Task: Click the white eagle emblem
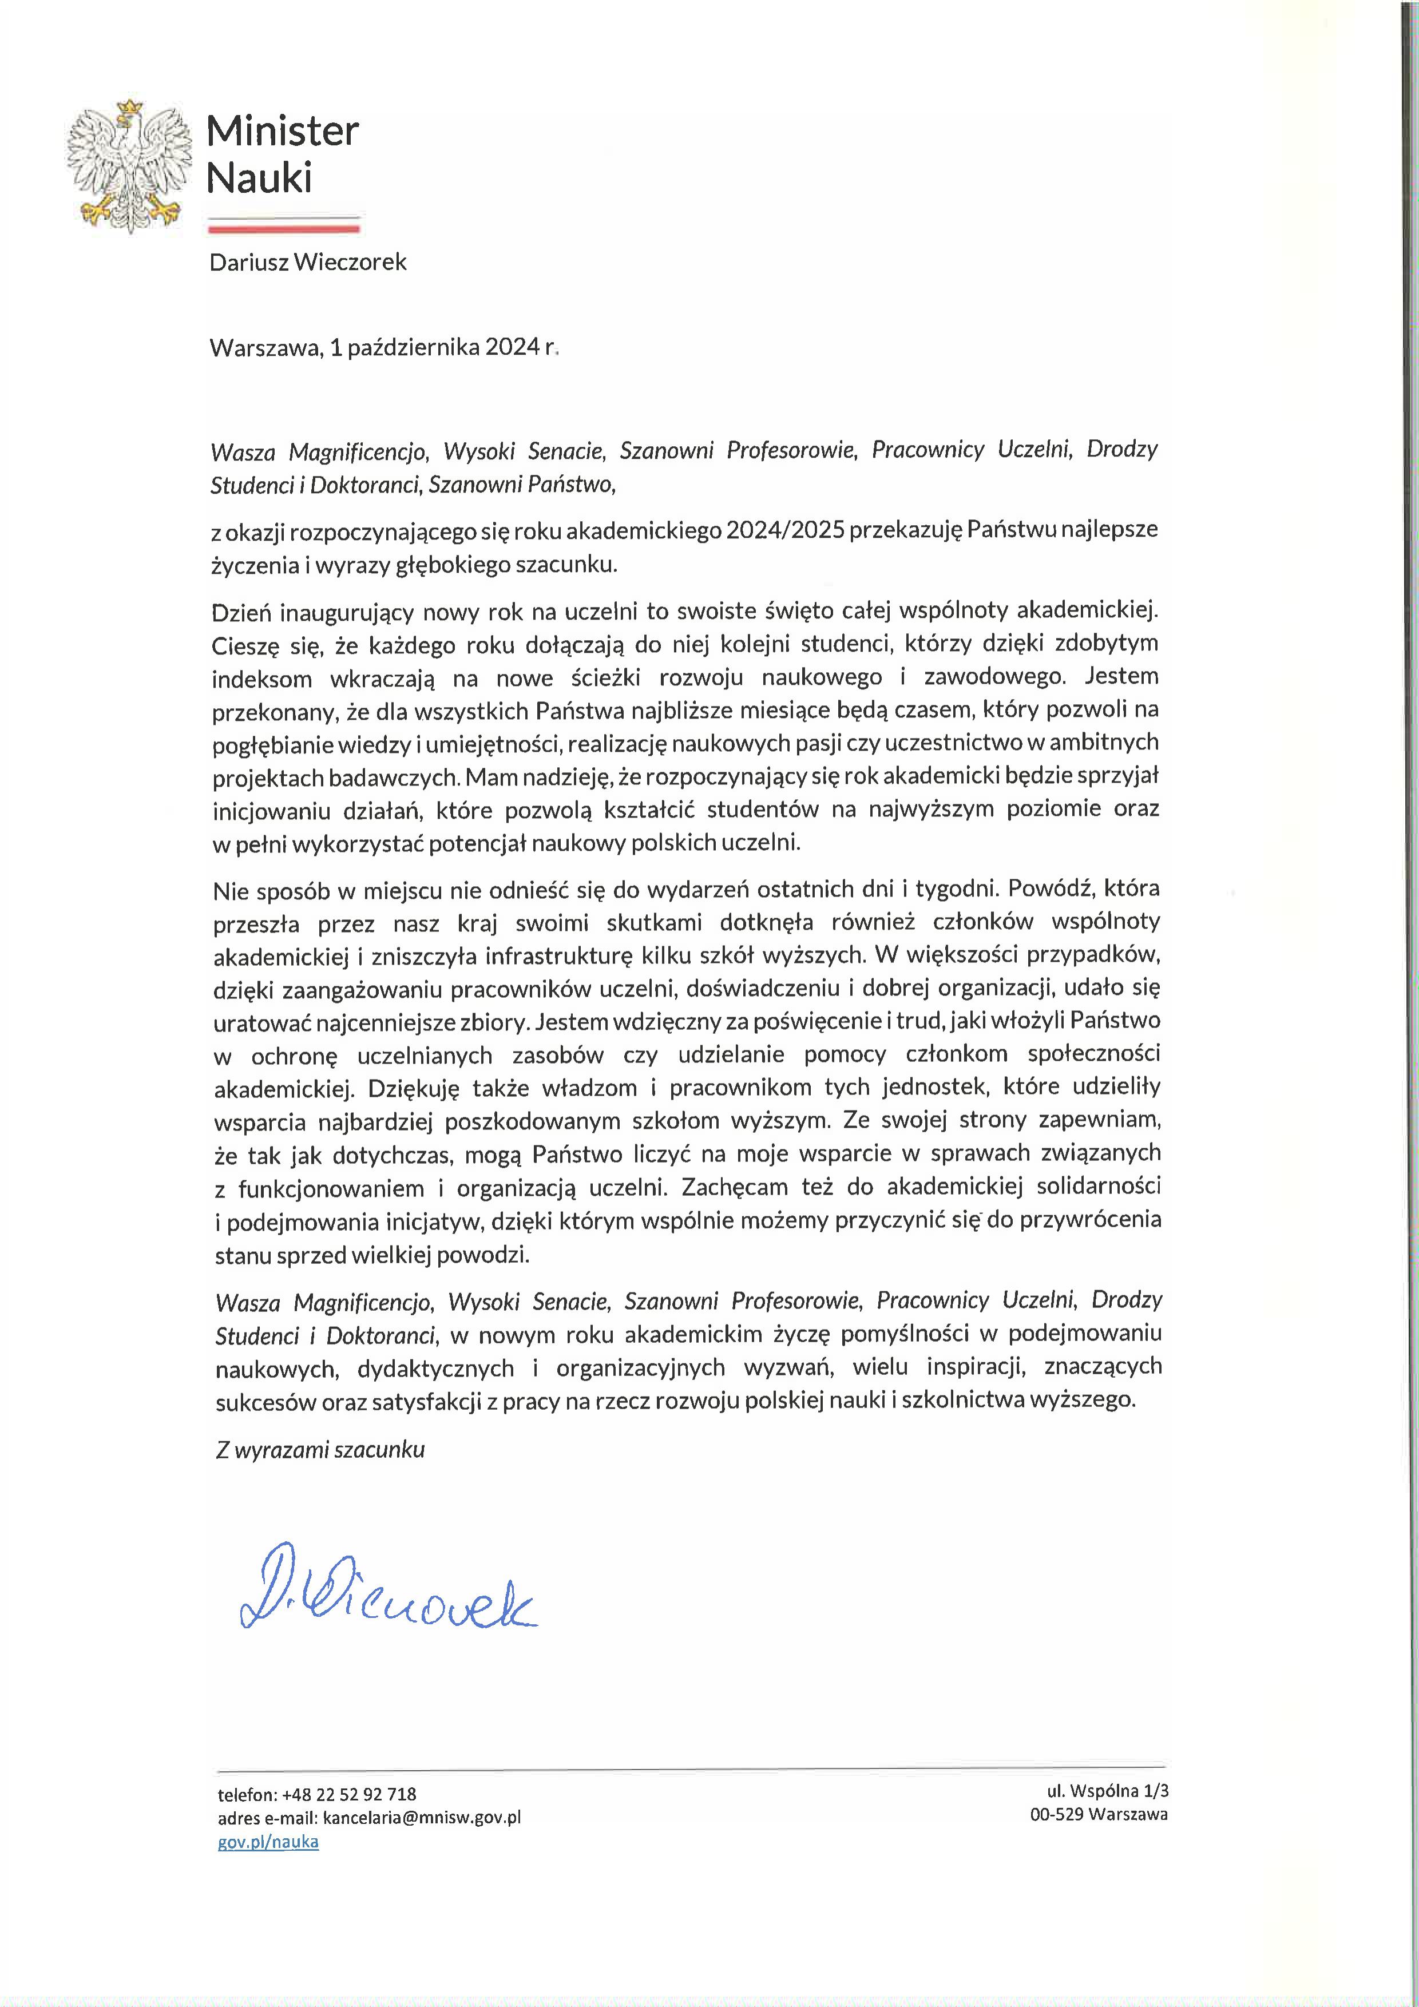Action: tap(129, 166)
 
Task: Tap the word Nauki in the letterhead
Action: tap(259, 179)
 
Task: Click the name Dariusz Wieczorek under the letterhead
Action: tap(308, 262)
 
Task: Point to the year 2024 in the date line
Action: tap(512, 348)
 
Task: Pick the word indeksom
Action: tap(262, 679)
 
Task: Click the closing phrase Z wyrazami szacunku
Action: tap(320, 1449)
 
